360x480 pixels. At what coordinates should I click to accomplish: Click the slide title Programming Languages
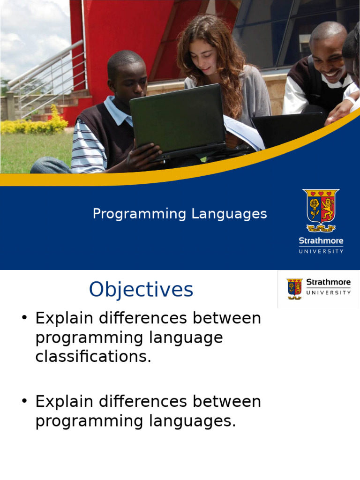coord(180,214)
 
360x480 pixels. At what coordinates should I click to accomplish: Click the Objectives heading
coord(141,289)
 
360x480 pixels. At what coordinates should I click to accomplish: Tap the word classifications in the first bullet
coord(93,356)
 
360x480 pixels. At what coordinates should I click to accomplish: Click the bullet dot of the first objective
coord(24,317)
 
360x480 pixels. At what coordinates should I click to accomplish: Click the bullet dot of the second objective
coord(24,401)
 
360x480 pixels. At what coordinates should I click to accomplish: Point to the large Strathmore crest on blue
coord(321,210)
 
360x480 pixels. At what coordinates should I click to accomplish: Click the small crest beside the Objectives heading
coord(294,289)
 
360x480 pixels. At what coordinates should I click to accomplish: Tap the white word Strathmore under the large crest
coord(321,240)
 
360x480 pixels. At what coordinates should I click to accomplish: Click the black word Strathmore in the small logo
coord(329,282)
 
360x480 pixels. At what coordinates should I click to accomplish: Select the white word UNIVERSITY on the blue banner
coord(321,251)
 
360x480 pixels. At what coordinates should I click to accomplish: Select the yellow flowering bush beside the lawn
coord(34,124)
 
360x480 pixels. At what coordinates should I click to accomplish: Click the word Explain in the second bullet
coord(64,402)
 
